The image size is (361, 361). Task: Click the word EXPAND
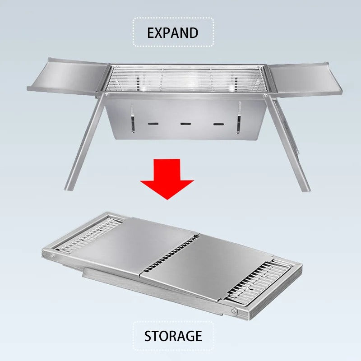point(173,32)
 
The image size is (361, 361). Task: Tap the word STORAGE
point(173,336)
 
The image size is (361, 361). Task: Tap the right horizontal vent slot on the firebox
point(219,124)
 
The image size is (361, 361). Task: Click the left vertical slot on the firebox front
point(133,118)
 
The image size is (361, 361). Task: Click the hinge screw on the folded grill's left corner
point(53,256)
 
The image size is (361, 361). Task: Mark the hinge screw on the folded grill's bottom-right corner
point(233,311)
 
